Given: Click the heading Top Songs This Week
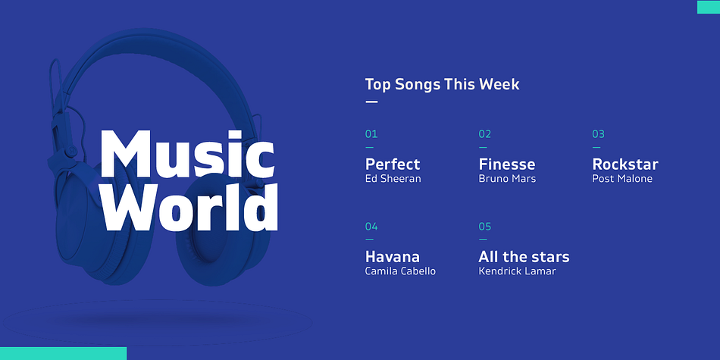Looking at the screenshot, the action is click(x=442, y=84).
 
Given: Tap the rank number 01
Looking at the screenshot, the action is click(x=371, y=134).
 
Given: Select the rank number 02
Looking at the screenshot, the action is click(x=485, y=134).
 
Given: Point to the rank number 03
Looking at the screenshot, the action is click(x=598, y=134).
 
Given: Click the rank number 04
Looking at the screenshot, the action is click(x=371, y=227).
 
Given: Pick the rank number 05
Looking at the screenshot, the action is click(x=485, y=227).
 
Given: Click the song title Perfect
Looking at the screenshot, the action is click(x=393, y=164).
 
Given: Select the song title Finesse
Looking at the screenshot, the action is click(x=507, y=164).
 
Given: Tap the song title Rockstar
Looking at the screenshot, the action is click(x=625, y=164).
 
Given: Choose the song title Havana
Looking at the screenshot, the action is click(x=392, y=256).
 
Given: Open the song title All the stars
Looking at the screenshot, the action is click(x=524, y=256).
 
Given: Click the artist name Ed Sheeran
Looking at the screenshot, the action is click(x=393, y=179).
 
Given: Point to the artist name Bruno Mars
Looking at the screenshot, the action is click(x=507, y=179).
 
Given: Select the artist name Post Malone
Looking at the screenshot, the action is click(x=622, y=179).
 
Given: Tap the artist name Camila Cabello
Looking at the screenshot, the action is click(x=400, y=271).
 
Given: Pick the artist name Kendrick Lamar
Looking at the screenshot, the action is click(x=517, y=271).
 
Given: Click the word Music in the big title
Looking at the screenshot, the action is click(x=187, y=154).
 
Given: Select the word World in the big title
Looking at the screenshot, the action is click(x=189, y=207).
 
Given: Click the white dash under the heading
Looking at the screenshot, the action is click(x=371, y=102).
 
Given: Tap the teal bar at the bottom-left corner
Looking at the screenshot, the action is click(x=64, y=354).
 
